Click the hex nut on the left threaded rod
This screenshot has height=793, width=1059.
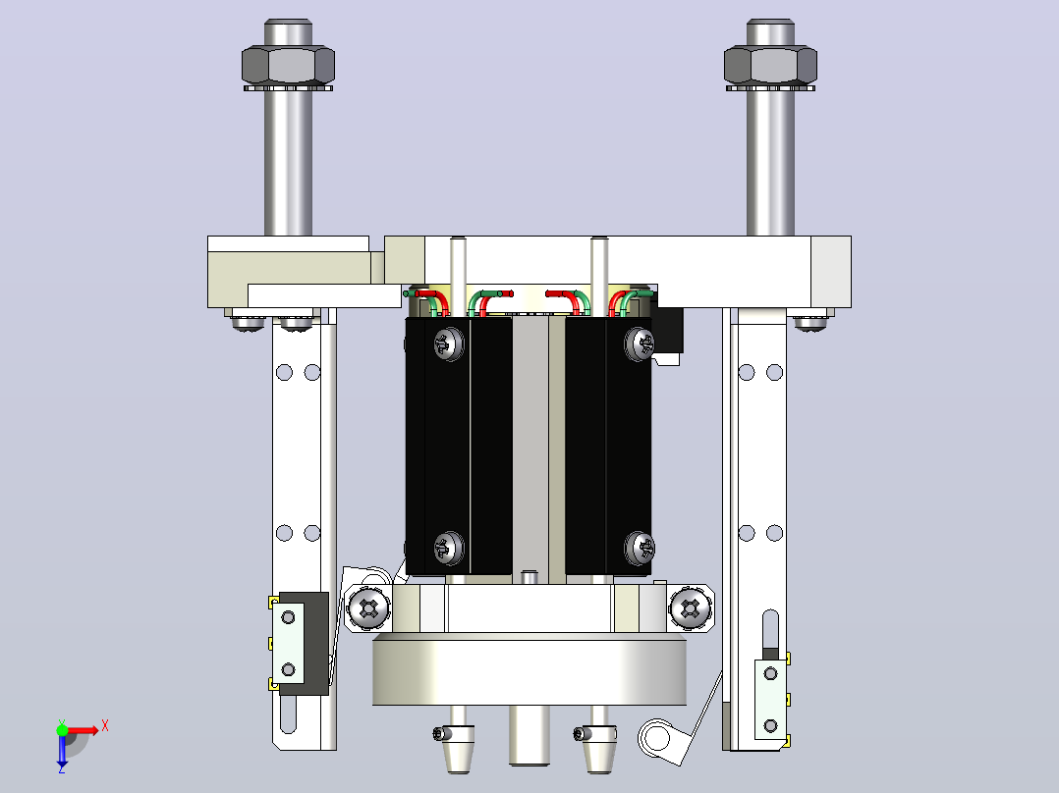[x=289, y=65]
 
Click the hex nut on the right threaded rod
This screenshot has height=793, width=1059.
[x=770, y=65]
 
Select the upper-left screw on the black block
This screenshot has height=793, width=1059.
[x=448, y=344]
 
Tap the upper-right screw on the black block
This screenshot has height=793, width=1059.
[x=639, y=344]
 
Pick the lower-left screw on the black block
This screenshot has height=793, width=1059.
[x=448, y=548]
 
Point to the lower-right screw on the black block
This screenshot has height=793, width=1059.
[x=639, y=548]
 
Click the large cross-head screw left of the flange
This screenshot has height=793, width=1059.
[x=368, y=608]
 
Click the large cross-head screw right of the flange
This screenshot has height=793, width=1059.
[x=691, y=608]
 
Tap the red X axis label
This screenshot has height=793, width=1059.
[x=105, y=726]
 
